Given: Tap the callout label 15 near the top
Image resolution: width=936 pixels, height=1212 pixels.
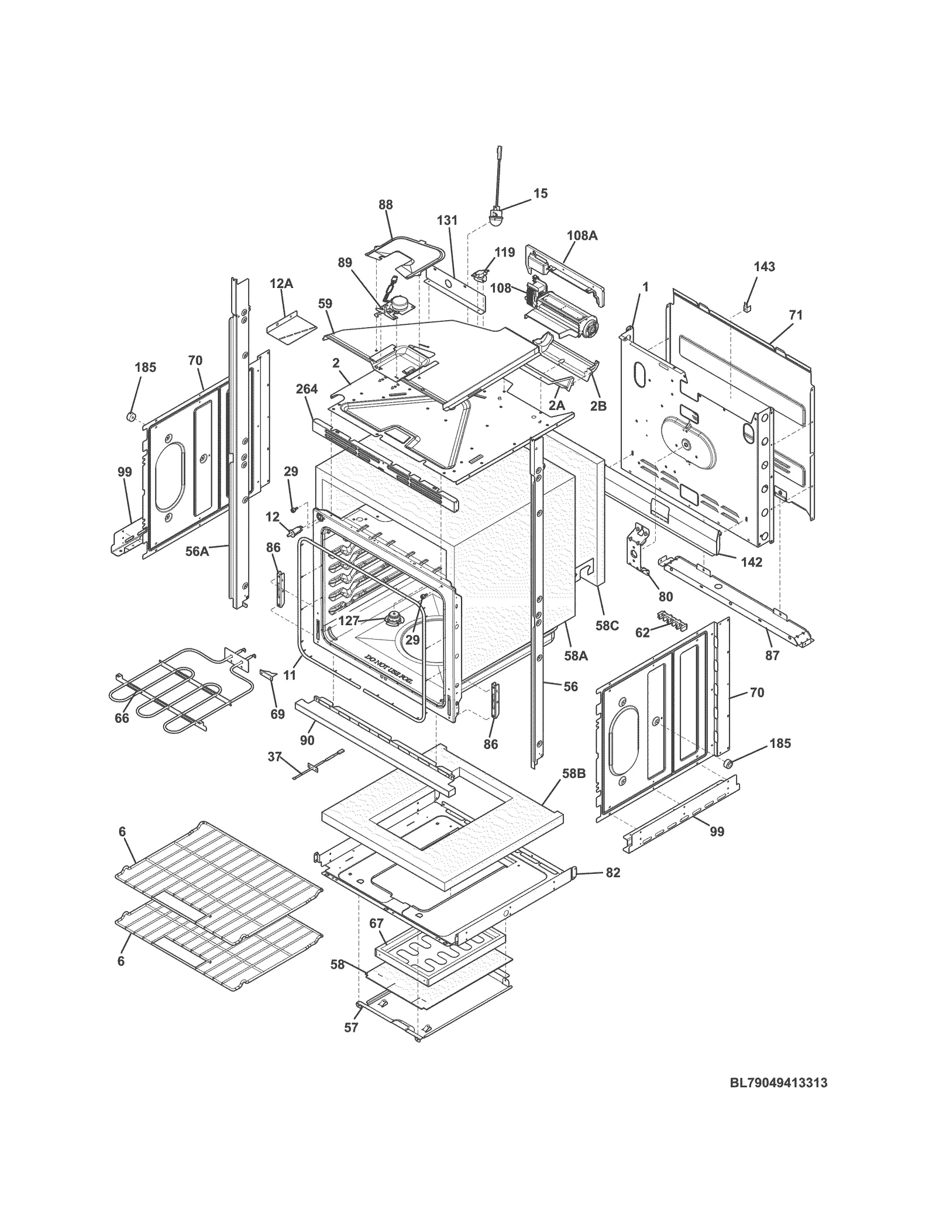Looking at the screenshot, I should tap(541, 193).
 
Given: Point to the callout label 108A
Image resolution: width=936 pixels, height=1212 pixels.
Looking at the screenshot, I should tap(582, 236).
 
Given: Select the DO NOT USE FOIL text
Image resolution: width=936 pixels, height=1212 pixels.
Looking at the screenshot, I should tap(387, 665).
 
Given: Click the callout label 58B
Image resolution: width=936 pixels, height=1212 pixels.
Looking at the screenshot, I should tap(573, 774).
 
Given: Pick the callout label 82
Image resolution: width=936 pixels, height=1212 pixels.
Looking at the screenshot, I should tap(612, 889).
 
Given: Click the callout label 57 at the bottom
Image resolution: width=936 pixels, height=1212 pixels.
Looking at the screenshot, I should tap(350, 1027).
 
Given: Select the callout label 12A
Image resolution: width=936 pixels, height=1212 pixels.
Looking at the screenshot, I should tap(281, 284).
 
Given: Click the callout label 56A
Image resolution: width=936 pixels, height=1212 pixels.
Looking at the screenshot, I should tap(197, 551).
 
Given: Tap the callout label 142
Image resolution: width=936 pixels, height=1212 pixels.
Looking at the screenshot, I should tap(751, 562).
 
